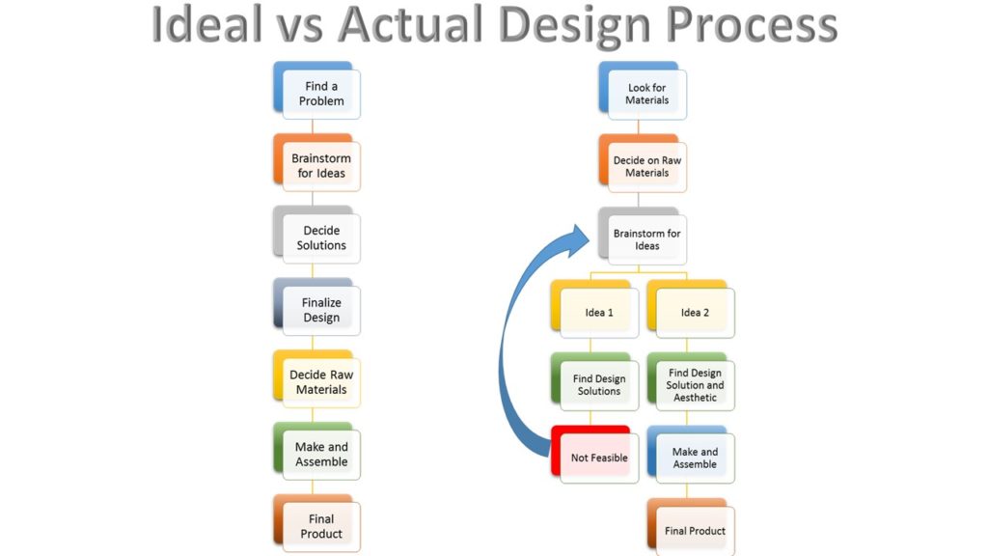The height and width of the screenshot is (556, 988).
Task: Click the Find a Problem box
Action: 316,91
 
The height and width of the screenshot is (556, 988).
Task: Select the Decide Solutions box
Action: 316,236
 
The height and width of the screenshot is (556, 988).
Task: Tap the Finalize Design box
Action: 316,307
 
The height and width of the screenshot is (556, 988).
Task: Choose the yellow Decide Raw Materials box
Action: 316,379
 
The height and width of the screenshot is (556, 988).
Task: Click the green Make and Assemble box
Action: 316,452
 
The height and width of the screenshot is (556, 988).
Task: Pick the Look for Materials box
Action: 643,91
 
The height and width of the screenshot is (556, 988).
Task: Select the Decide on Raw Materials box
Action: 643,163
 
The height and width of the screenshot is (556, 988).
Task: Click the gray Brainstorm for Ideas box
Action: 643,236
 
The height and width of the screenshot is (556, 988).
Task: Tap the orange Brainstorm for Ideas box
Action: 316,162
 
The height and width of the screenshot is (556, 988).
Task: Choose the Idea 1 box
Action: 594,309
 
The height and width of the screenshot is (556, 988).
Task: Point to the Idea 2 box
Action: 691,309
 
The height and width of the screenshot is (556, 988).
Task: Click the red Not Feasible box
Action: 594,455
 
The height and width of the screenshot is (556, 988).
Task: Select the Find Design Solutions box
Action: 594,382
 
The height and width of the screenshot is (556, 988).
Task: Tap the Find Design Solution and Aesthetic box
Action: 691,382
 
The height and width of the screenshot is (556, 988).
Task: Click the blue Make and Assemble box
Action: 691,455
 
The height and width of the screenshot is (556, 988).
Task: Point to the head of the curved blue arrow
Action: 589,237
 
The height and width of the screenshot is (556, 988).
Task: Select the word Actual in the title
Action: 410,25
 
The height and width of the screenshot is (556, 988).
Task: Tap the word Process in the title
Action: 752,25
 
